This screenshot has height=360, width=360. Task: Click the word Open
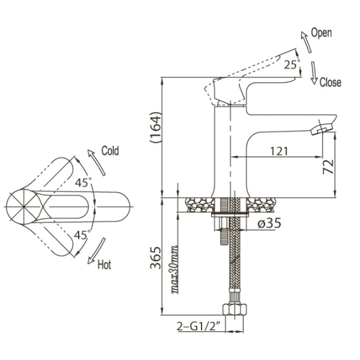coord(321,33)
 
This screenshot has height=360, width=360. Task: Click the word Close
coord(330,82)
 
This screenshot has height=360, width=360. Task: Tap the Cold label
coord(110,151)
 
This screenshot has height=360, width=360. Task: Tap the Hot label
coord(104,264)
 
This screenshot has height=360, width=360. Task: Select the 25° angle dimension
coord(292,64)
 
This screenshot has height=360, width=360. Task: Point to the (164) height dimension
coord(155,127)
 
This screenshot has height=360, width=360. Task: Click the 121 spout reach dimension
coord(279,151)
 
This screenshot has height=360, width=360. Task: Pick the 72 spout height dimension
coord(328,167)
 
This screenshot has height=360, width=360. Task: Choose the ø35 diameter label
coord(269,223)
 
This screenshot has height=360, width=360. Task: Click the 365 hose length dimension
coord(155,257)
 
